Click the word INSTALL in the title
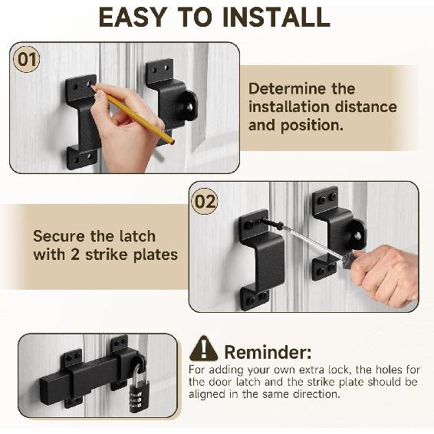(276, 17)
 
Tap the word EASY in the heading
(133, 17)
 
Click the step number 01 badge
(27, 60)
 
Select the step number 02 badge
(205, 201)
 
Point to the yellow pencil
(133, 115)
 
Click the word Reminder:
(268, 353)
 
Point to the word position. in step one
(311, 126)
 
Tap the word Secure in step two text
(59, 236)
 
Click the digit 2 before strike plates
(75, 255)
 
